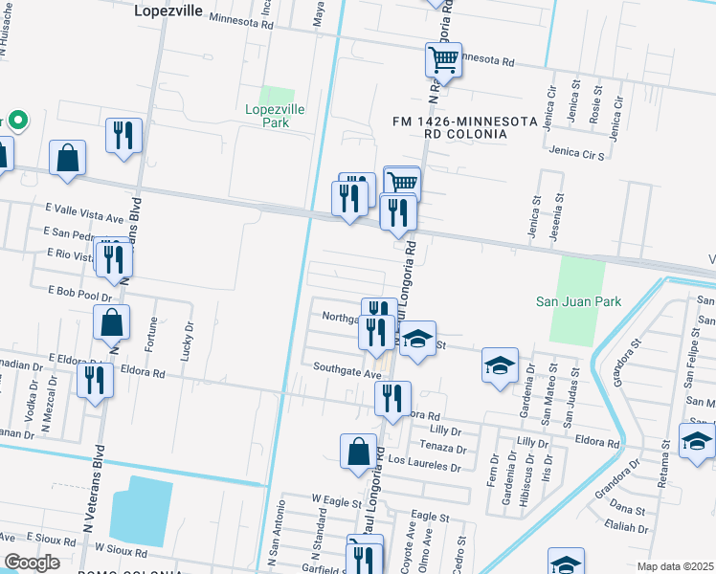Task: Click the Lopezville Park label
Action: [276, 116]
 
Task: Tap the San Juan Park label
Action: [578, 301]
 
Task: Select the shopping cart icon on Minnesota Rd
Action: [443, 60]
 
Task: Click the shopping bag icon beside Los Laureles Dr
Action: [358, 452]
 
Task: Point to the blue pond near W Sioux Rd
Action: [141, 512]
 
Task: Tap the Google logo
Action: [32, 563]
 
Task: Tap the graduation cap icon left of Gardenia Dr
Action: [500, 365]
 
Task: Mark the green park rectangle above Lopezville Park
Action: [277, 96]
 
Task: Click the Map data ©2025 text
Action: [675, 566]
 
